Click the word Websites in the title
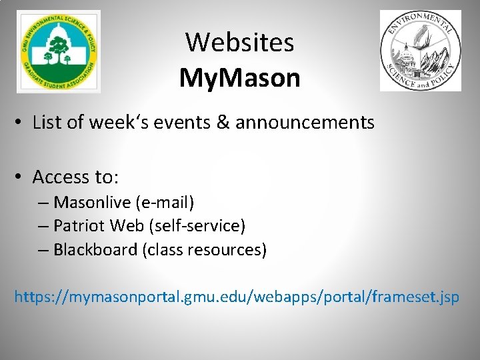239,43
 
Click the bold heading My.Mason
239,78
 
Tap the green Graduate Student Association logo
59,51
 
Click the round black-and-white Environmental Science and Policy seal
420,51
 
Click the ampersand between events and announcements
222,122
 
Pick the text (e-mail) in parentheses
164,202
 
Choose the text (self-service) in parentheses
199,226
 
